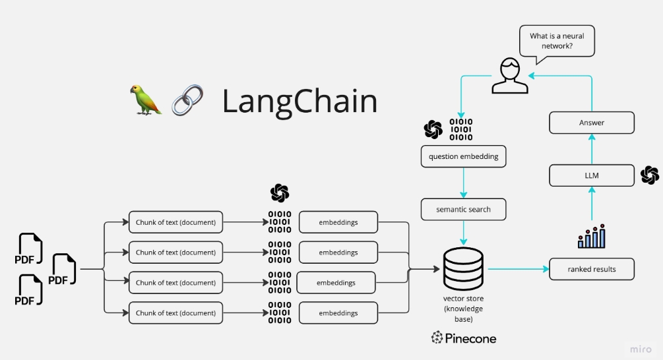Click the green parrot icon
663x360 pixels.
(145, 100)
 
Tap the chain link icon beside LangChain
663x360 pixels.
(187, 100)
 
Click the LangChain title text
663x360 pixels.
(300, 101)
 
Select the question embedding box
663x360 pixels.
(463, 156)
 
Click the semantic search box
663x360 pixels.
(463, 210)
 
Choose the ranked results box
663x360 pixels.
(592, 269)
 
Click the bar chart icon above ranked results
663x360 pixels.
(592, 237)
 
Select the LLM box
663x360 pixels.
(592, 175)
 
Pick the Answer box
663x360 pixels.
(592, 123)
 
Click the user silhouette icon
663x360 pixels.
(510, 76)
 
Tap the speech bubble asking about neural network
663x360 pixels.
(557, 41)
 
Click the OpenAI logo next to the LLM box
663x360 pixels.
(649, 175)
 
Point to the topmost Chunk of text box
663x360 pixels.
(175, 222)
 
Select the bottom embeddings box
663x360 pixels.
(338, 313)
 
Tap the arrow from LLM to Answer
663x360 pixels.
(592, 149)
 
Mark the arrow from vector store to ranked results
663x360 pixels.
(517, 269)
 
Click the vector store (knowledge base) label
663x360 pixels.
(463, 309)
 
